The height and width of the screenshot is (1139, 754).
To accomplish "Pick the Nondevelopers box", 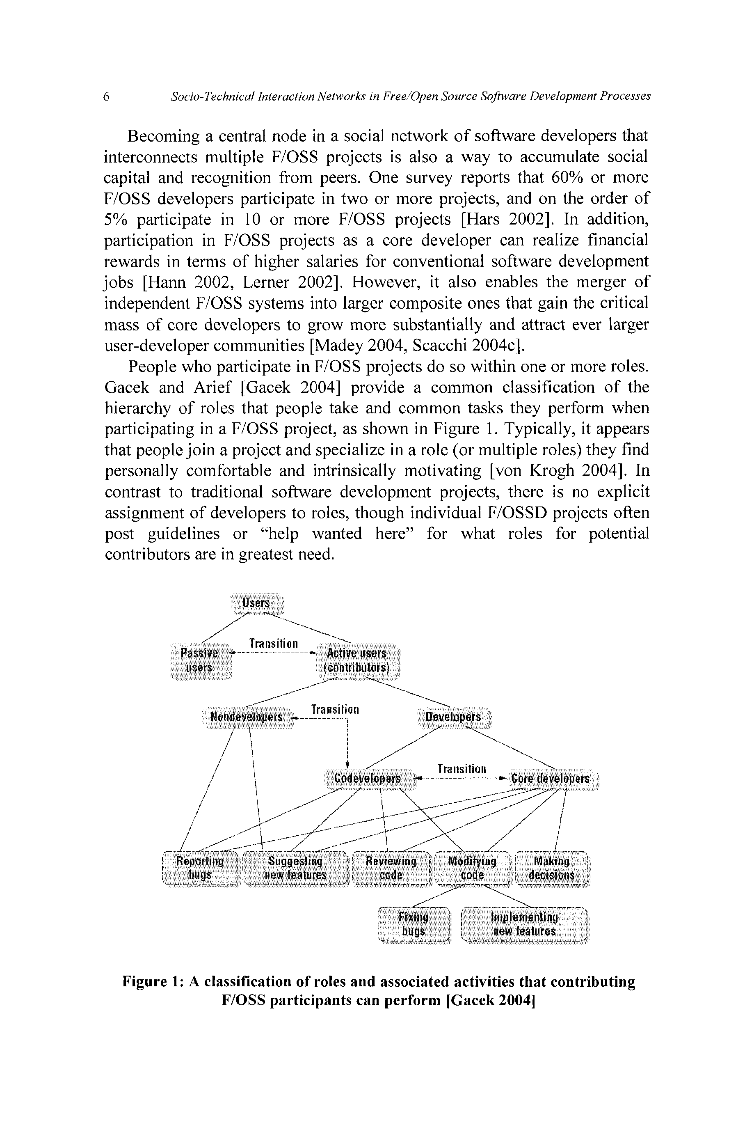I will coord(247,717).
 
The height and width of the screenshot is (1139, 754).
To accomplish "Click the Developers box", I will coord(453,717).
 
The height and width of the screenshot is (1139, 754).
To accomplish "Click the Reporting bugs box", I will coord(200,868).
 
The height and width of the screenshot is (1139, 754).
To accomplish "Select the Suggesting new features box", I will coord(295,868).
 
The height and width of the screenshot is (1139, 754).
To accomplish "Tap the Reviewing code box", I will coord(391,868).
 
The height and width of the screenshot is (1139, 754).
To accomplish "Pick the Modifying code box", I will coord(472,868).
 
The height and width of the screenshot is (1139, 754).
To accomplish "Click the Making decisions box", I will coord(552,868).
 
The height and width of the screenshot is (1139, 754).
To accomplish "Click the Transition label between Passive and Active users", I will coord(274,643).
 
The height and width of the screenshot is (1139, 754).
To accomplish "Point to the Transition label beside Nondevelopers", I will coord(335,710).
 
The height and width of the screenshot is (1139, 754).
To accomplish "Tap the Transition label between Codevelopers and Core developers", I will coord(462,769).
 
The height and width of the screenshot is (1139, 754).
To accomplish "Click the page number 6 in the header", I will coord(106,97).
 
